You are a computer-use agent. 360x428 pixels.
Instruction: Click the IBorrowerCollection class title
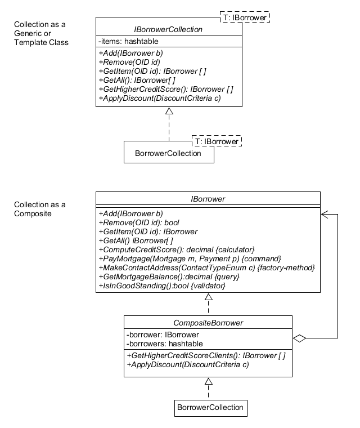coord(169,29)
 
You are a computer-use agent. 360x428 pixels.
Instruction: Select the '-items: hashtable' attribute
coord(128,41)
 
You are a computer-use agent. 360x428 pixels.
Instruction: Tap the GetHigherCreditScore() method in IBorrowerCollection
coord(166,89)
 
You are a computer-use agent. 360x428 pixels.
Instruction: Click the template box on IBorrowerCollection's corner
coord(245,17)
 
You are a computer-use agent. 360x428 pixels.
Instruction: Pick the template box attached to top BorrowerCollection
coord(217,141)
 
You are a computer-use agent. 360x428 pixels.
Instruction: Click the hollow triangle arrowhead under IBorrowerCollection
coord(169,111)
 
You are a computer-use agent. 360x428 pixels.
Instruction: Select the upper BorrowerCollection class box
coord(169,153)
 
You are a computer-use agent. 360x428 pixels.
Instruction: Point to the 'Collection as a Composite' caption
coord(40,209)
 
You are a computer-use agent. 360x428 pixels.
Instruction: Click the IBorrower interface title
coord(208,199)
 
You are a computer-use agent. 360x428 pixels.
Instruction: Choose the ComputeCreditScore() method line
coord(177,249)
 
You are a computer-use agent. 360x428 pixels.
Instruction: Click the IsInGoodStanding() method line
coord(162,286)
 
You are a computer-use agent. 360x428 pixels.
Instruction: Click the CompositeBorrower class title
coord(208,323)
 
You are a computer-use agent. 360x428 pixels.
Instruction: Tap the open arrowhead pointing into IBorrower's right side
coord(325,214)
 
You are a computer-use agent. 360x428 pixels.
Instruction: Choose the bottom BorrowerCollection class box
coord(210,407)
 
